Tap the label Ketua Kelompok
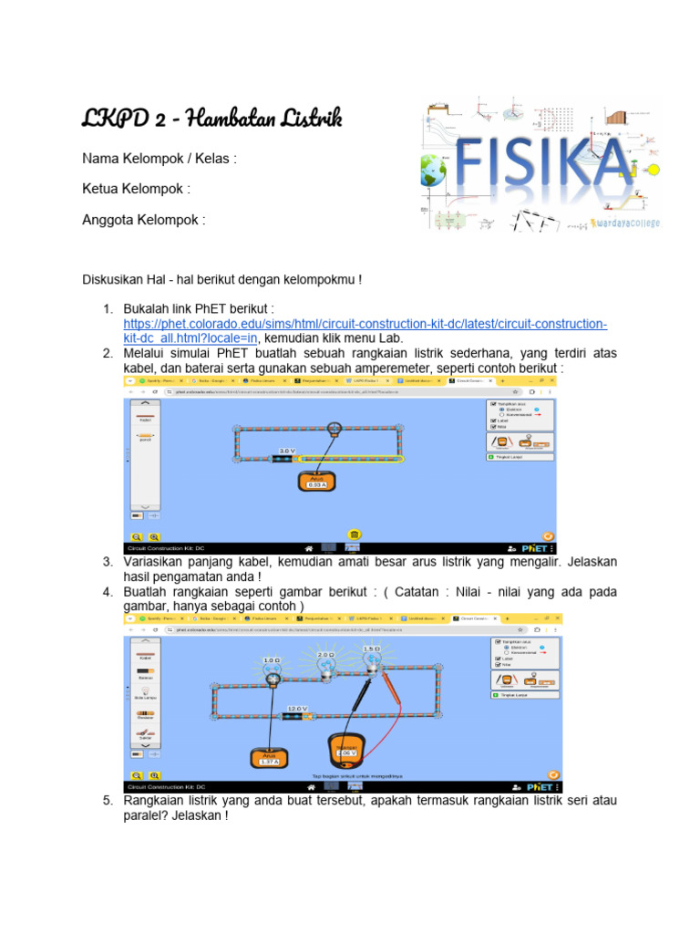click(x=136, y=189)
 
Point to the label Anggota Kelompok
click(x=143, y=220)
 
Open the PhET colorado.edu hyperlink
click(x=365, y=325)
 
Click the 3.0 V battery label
click(x=287, y=451)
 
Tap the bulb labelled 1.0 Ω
click(x=271, y=674)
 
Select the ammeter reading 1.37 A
click(x=270, y=760)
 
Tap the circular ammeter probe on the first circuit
click(x=335, y=427)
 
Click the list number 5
click(x=107, y=801)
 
